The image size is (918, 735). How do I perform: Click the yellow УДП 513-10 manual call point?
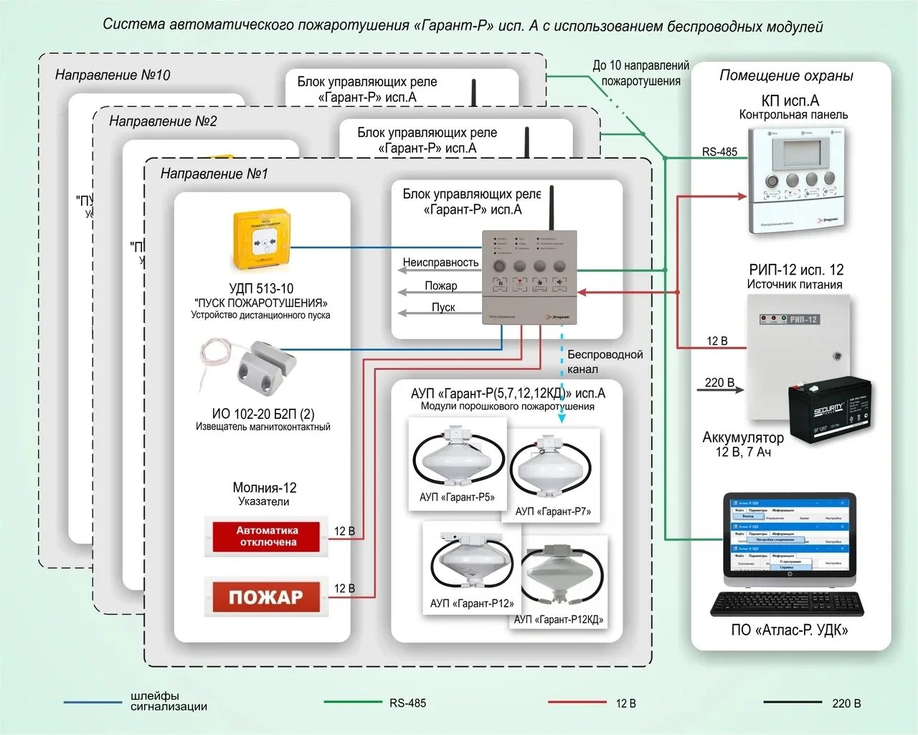click(x=262, y=241)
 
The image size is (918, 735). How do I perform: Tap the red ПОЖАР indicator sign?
click(x=266, y=597)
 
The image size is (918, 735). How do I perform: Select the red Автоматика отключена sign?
click(x=267, y=536)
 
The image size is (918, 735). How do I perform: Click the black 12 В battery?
click(x=829, y=409)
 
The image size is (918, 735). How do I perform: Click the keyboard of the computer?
click(x=787, y=604)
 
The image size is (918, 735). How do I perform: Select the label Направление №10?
click(x=113, y=75)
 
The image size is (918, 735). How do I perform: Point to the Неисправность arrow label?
click(x=440, y=262)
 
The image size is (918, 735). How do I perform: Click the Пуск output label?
click(x=443, y=307)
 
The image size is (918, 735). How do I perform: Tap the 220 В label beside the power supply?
click(x=719, y=382)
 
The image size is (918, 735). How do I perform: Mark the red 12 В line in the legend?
click(x=577, y=703)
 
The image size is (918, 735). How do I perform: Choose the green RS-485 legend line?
click(x=353, y=703)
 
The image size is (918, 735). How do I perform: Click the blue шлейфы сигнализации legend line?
click(x=93, y=703)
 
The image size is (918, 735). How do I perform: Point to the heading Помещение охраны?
click(x=787, y=75)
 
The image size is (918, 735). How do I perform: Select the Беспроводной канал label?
click(x=605, y=361)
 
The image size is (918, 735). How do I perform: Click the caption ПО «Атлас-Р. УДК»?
click(x=789, y=630)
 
